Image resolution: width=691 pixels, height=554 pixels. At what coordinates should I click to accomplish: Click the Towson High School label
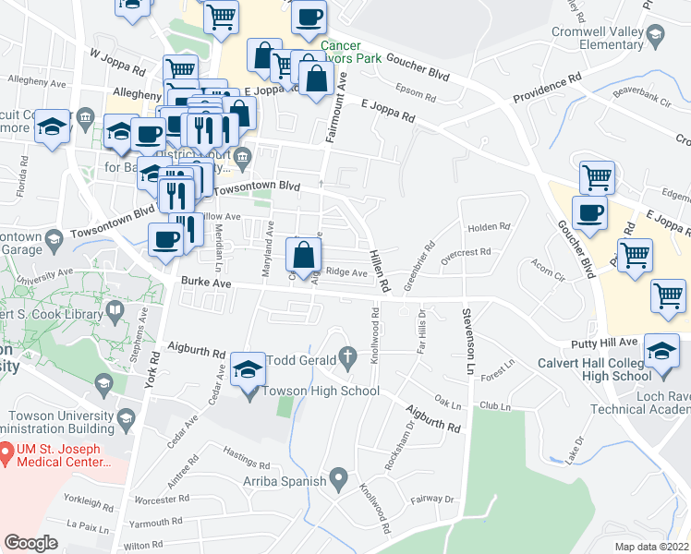(321, 391)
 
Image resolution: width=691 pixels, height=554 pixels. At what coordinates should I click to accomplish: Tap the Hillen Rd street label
(377, 270)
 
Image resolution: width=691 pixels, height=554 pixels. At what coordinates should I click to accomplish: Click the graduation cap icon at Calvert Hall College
(661, 352)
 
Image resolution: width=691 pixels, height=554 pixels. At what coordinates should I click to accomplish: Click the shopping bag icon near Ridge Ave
(303, 254)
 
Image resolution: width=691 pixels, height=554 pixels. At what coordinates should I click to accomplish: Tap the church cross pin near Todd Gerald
(348, 355)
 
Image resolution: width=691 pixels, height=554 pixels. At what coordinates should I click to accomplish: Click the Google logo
(30, 543)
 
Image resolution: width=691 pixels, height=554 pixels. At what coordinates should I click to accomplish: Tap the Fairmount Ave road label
(337, 109)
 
